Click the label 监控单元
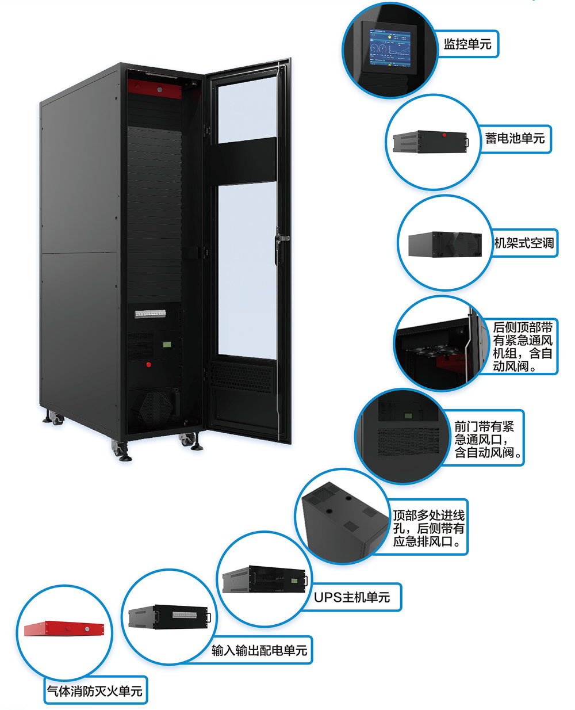[467, 44]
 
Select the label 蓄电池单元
[515, 139]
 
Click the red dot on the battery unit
[444, 136]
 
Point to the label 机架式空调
[524, 243]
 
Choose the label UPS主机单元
[352, 597]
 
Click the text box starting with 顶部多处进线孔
[428, 528]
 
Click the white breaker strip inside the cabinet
[150, 314]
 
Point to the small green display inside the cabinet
[167, 345]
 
